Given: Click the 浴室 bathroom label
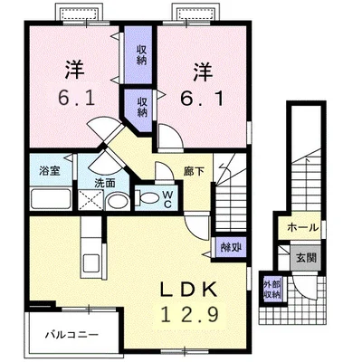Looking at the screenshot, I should (x=49, y=170).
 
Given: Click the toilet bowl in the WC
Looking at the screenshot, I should (x=150, y=199).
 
